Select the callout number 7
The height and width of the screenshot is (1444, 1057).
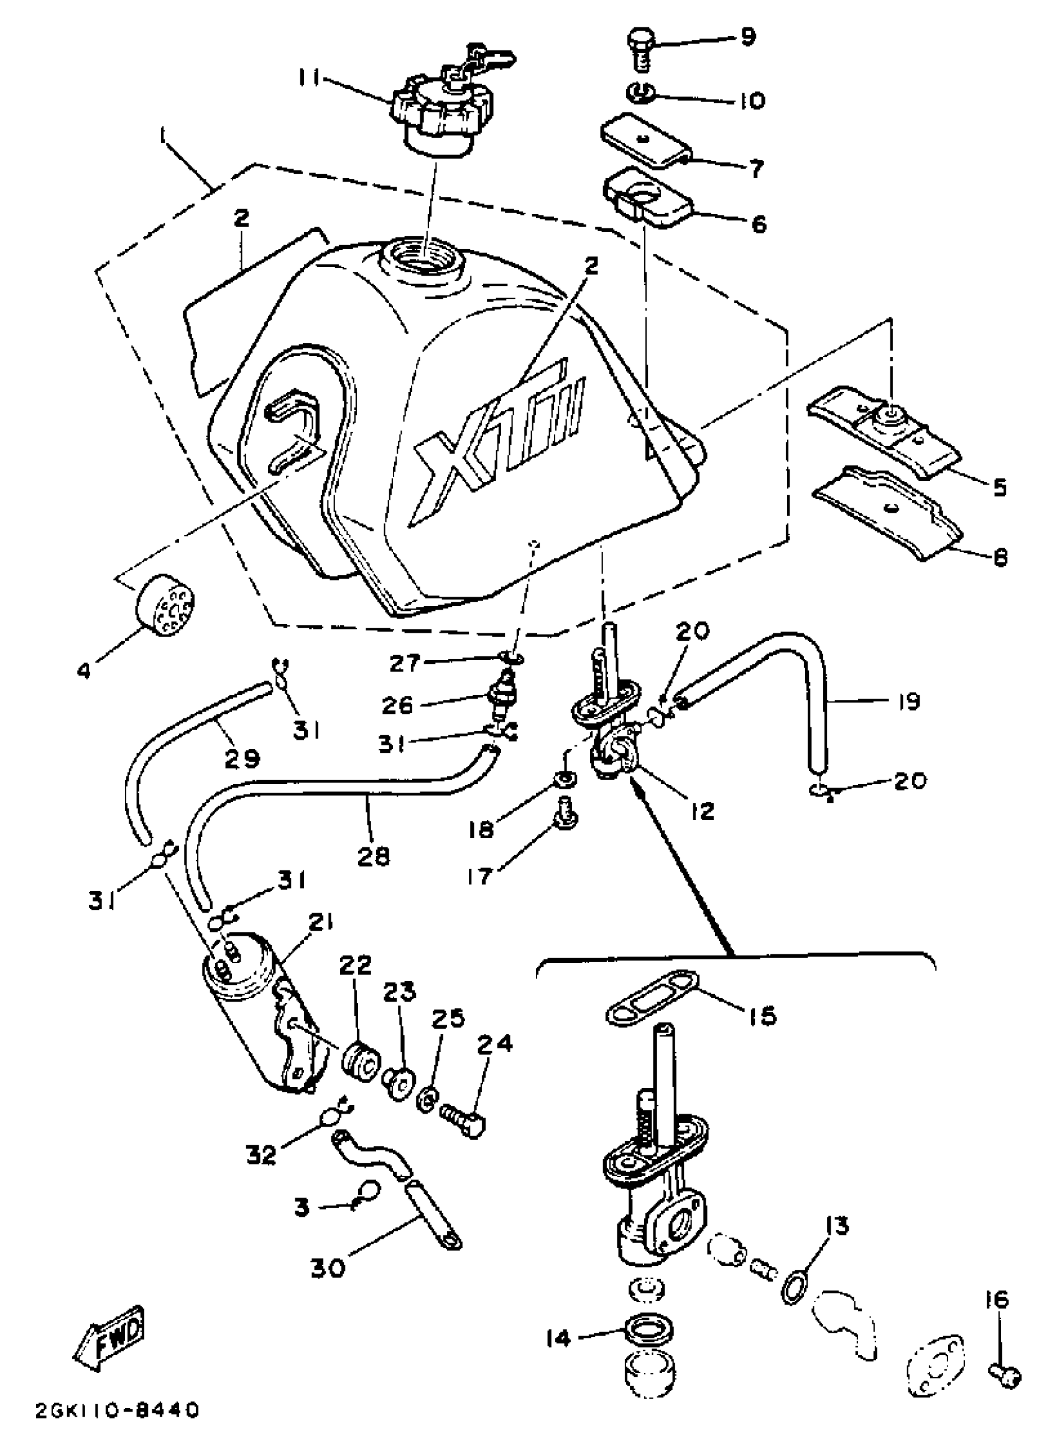pos(755,169)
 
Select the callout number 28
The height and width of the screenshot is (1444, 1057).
pos(374,857)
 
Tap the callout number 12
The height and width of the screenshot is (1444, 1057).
pos(702,812)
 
